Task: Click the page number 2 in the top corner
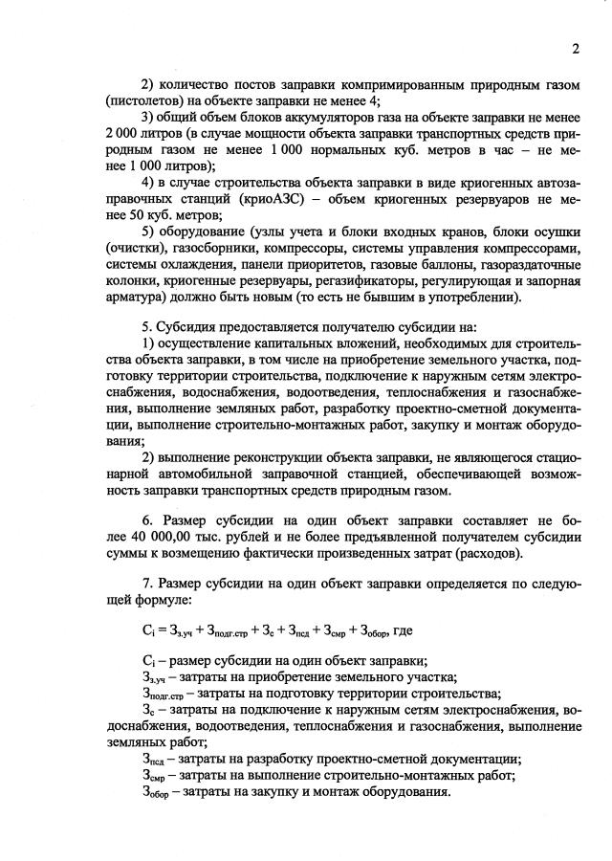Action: pos(576,49)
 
